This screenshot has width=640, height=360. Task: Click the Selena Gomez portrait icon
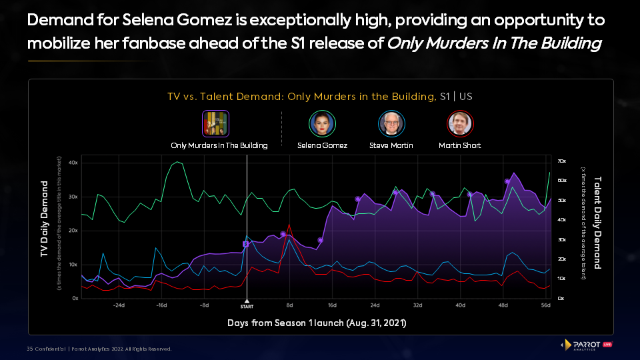322,123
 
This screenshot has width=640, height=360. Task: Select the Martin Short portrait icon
459,123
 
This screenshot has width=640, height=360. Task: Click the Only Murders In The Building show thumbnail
216,123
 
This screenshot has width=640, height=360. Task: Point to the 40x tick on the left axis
73,162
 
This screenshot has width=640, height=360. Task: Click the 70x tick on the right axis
562,161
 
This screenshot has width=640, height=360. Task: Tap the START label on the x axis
247,306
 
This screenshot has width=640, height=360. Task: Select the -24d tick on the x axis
119,305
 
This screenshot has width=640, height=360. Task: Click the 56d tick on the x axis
545,305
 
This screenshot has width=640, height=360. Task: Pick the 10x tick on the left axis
73,264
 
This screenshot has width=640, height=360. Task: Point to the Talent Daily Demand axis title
597,223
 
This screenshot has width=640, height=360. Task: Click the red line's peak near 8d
289,225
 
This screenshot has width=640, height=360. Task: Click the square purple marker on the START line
245,244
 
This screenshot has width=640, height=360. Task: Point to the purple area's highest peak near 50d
513,173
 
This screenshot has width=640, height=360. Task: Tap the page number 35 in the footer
30,349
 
